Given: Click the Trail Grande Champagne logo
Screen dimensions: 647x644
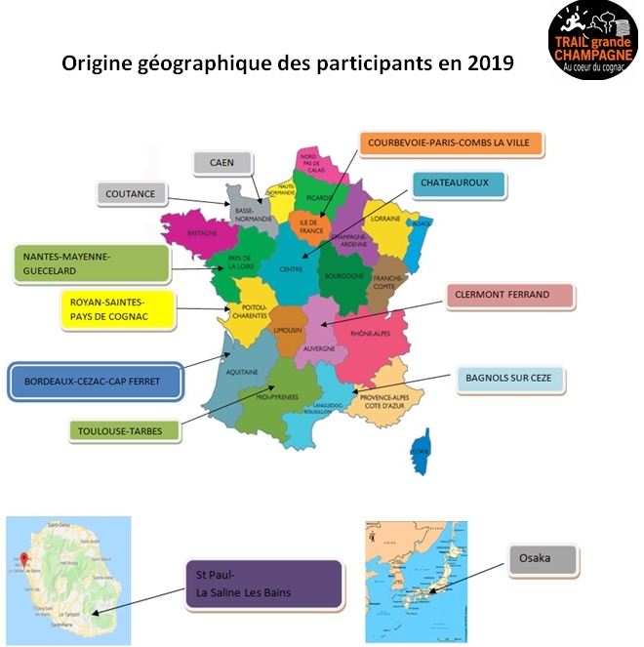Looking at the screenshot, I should pyautogui.click(x=593, y=41).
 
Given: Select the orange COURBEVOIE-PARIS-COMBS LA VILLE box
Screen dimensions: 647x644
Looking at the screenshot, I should pyautogui.click(x=451, y=143).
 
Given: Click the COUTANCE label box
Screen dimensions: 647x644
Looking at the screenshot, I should pyautogui.click(x=132, y=194).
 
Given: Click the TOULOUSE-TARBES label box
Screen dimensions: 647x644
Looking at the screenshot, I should pyautogui.click(x=124, y=429).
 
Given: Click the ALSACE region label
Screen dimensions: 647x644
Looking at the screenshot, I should pyautogui.click(x=423, y=223).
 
